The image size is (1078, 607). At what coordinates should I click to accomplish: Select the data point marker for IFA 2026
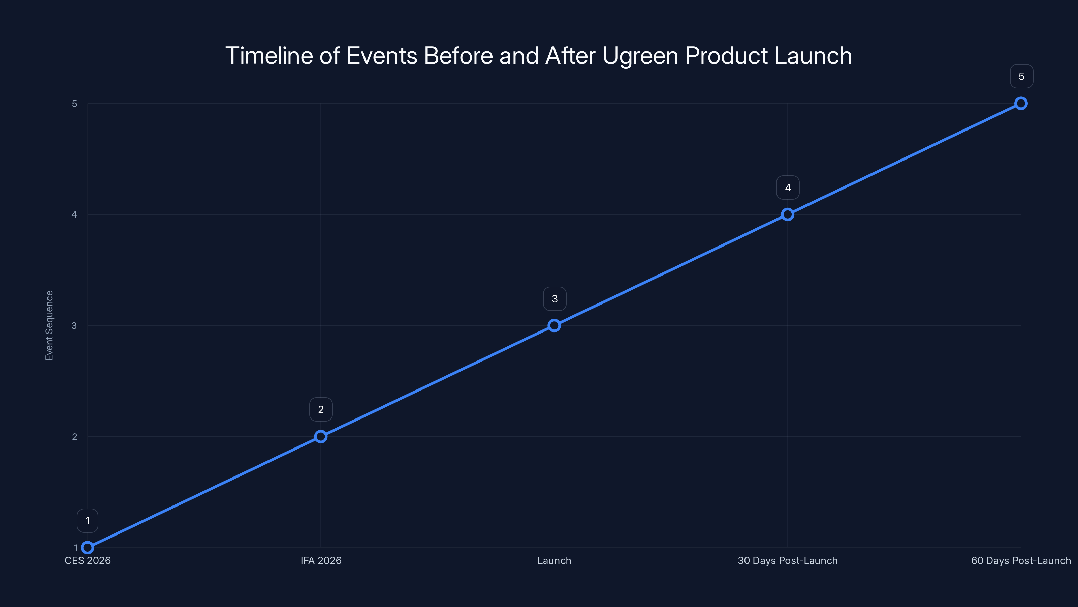[321, 436]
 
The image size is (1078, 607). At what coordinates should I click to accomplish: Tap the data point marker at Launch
[554, 325]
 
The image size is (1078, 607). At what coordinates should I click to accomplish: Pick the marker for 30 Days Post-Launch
[788, 214]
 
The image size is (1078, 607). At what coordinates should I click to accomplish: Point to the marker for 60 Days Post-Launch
[1021, 104]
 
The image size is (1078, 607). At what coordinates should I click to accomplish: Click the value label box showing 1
[88, 521]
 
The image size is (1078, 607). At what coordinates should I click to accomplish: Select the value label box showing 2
[321, 409]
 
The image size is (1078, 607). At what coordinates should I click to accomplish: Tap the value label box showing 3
[554, 299]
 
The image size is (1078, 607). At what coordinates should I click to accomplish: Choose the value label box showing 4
[788, 188]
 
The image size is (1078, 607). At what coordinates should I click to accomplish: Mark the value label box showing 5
[1021, 76]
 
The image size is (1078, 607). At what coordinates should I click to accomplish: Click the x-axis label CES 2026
[88, 560]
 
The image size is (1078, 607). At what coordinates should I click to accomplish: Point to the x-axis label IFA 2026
[321, 560]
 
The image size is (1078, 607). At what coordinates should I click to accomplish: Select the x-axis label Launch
[554, 560]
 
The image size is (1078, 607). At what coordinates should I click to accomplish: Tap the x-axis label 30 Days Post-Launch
[788, 560]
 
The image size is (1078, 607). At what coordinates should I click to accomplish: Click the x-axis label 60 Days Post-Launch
[1021, 560]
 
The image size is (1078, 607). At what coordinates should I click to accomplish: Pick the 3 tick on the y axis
[74, 325]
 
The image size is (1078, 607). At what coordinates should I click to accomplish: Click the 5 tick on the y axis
[74, 104]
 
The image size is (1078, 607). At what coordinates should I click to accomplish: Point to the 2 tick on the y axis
[74, 436]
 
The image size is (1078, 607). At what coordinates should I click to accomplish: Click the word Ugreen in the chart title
[640, 56]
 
